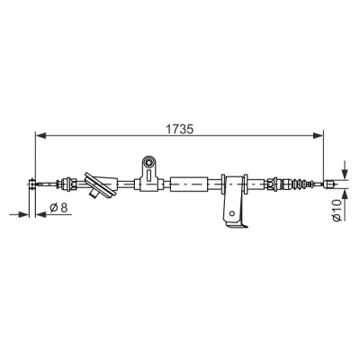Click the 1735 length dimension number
(x=179, y=129)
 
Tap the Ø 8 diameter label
(x=58, y=207)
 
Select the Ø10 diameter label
(x=337, y=210)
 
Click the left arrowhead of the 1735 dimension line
(x=41, y=136)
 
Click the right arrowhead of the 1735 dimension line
(x=319, y=136)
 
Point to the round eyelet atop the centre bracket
(x=148, y=163)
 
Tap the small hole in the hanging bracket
(x=231, y=213)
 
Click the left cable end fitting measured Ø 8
(x=31, y=184)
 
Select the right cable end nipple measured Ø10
(x=329, y=184)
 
